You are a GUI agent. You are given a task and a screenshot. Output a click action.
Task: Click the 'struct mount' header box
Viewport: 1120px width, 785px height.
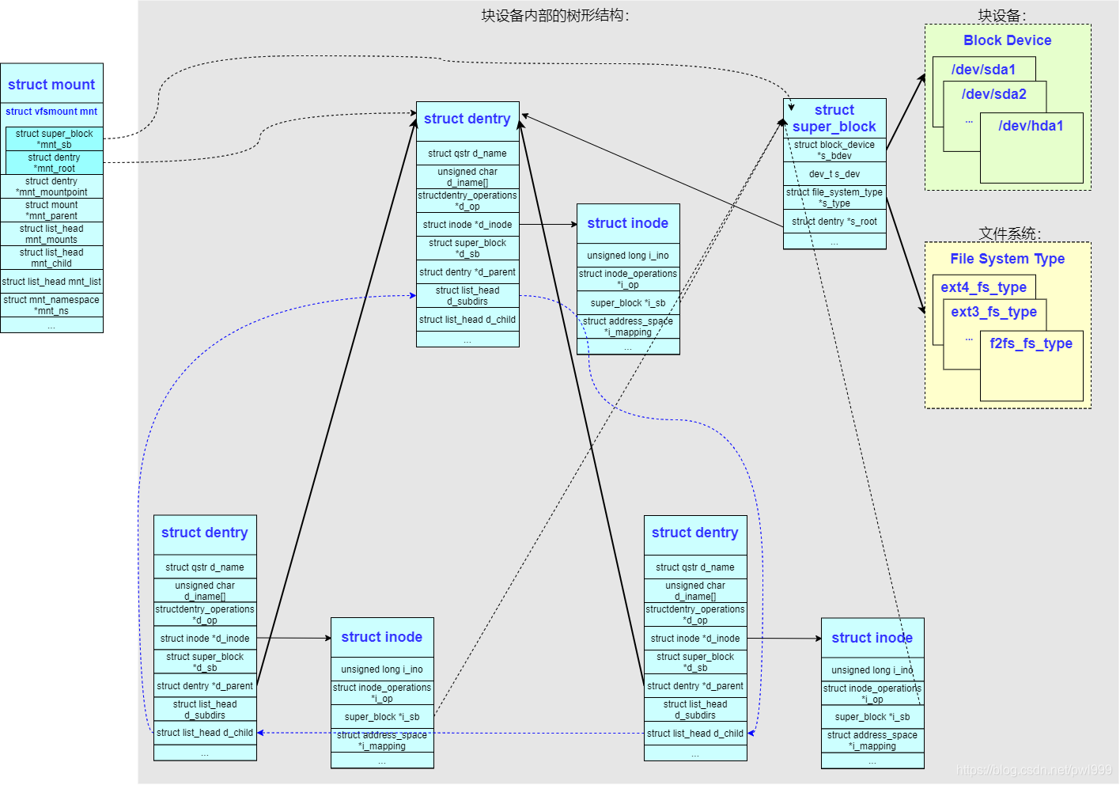pyautogui.click(x=51, y=84)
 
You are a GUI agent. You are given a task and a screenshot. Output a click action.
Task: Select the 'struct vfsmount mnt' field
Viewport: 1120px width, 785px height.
pyautogui.click(x=51, y=112)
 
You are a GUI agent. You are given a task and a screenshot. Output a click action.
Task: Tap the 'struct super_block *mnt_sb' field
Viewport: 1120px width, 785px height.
pyautogui.click(x=54, y=138)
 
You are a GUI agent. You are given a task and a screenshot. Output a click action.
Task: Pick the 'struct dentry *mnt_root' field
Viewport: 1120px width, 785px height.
pyautogui.click(x=54, y=162)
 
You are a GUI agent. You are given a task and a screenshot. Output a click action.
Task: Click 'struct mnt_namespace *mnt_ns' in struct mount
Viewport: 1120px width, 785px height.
pyautogui.click(x=51, y=305)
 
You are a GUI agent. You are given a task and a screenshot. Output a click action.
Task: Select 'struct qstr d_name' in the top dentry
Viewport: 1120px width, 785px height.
pyautogui.click(x=467, y=154)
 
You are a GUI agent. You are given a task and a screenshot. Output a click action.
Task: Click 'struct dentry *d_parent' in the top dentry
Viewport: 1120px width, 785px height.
pyautogui.click(x=467, y=272)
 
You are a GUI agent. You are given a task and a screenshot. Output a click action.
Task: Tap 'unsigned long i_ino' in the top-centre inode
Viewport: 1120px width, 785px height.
pyautogui.click(x=628, y=256)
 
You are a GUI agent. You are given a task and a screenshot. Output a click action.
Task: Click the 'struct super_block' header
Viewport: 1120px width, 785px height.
pyautogui.click(x=834, y=118)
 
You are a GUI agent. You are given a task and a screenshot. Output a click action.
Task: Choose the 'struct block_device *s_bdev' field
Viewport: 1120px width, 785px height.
pyautogui.click(x=834, y=150)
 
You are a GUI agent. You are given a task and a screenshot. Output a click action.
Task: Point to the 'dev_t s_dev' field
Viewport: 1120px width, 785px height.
pyautogui.click(x=834, y=174)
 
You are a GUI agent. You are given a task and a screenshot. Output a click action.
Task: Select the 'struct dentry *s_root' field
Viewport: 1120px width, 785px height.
pyautogui.click(x=834, y=222)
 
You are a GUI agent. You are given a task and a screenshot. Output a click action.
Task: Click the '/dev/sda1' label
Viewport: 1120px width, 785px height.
pyautogui.click(x=983, y=70)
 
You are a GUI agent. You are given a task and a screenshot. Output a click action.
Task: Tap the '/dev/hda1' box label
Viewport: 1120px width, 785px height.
pyautogui.click(x=1031, y=126)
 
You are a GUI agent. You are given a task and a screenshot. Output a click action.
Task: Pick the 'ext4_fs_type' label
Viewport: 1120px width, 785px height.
pyautogui.click(x=983, y=287)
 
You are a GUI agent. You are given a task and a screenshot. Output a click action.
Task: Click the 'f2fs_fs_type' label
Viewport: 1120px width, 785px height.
pyautogui.click(x=1031, y=343)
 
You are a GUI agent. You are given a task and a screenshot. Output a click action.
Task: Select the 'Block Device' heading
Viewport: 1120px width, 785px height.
pyautogui.click(x=1007, y=40)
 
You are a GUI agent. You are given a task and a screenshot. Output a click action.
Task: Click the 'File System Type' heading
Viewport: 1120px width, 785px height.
pyautogui.click(x=1007, y=259)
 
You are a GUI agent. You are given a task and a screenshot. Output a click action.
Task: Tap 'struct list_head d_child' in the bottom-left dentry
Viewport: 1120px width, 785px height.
pyautogui.click(x=205, y=733)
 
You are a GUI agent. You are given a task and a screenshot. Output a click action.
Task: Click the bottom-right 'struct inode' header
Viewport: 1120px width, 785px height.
pyautogui.click(x=872, y=638)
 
